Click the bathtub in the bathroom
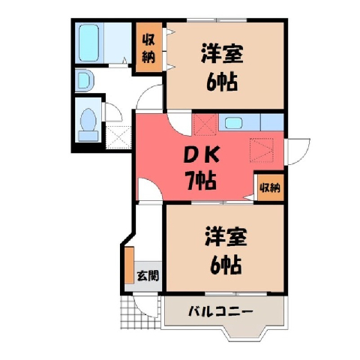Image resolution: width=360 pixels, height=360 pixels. (88, 43)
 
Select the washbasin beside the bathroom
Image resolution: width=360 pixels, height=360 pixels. (85, 80)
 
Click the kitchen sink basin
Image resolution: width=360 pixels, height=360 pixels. (233, 123)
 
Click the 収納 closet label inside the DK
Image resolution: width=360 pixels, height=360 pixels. (270, 188)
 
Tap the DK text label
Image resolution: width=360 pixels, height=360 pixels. (202, 155)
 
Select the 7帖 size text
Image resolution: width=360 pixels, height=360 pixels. (200, 181)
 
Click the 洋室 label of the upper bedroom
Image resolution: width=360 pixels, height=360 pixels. (222, 53)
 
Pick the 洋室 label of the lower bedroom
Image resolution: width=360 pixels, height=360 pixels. (226, 237)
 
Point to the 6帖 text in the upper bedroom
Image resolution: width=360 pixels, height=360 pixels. (221, 82)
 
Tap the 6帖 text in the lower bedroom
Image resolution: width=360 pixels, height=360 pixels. (226, 265)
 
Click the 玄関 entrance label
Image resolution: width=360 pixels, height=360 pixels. (148, 276)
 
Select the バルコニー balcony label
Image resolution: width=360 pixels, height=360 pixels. (220, 311)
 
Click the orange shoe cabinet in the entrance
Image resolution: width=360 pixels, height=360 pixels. (130, 265)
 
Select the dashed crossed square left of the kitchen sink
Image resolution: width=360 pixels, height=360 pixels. (205, 124)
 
